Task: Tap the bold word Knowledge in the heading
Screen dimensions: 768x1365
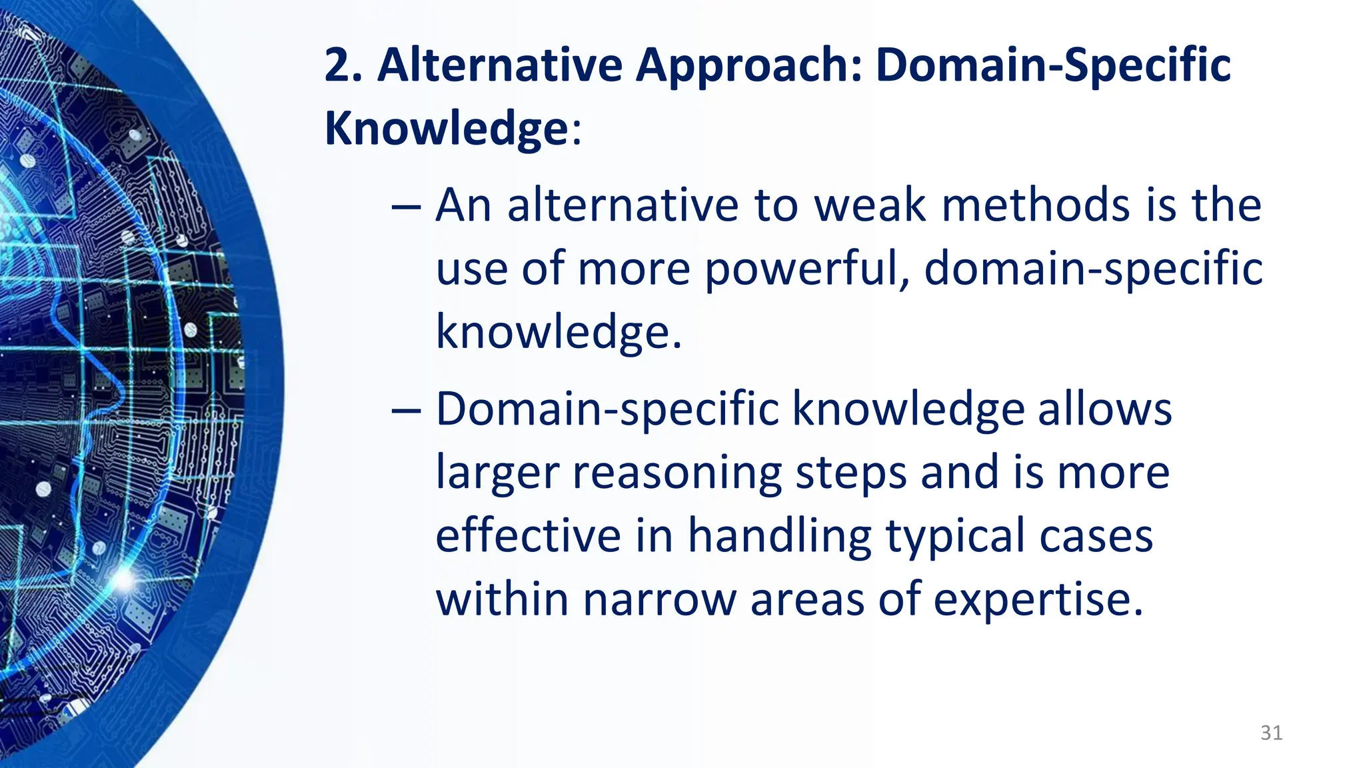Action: [445, 128]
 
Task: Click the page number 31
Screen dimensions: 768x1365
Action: [1271, 733]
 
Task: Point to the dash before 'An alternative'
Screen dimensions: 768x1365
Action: [406, 207]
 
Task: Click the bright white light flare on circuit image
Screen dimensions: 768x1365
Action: [124, 579]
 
